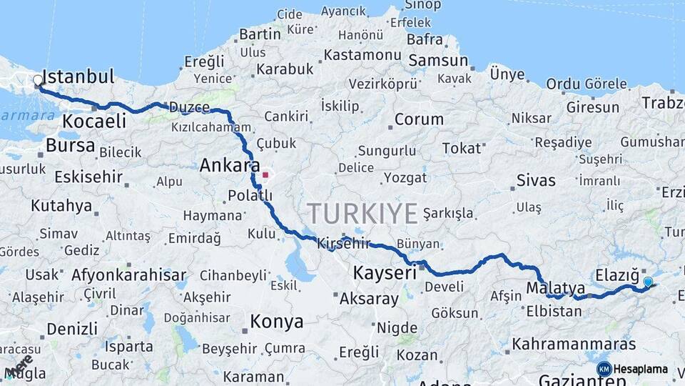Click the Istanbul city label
point(78,76)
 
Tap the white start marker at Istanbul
point(38,81)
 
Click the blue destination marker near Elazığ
point(648,282)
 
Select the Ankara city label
point(230,166)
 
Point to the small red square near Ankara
point(265,174)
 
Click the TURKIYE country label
point(362,214)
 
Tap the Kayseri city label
point(385,272)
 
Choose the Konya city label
point(278,322)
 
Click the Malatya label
point(556,288)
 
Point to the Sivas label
point(535,179)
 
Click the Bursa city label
point(70,146)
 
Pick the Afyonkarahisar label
point(128,275)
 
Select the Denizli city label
point(72,329)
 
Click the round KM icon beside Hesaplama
point(604,369)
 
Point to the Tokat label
point(462,148)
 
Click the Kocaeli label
point(94,121)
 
